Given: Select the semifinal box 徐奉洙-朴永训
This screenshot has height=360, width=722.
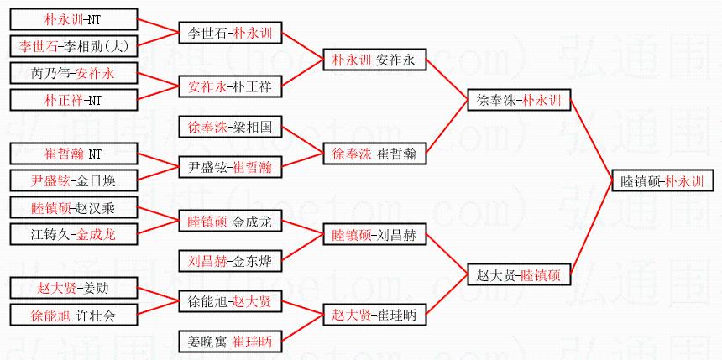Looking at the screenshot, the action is click(519, 100).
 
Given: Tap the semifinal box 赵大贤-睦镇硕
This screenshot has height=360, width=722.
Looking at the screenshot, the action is click(519, 274).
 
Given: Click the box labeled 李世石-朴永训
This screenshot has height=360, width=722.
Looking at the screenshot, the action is click(230, 33).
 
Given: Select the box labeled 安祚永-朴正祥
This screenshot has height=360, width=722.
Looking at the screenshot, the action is click(230, 86).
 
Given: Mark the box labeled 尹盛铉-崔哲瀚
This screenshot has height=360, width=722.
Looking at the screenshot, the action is click(230, 167).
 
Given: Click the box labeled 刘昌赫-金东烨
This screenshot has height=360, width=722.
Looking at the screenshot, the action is click(230, 261).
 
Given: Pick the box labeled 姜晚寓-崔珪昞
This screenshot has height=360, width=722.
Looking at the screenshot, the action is click(230, 342).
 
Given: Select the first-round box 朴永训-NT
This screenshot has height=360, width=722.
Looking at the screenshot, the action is click(72, 19).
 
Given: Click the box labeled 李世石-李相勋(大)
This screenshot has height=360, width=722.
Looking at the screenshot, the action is click(72, 46).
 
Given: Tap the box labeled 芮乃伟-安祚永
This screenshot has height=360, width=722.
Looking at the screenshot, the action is click(72, 73).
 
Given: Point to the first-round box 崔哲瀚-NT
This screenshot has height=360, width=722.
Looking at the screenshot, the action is click(72, 154).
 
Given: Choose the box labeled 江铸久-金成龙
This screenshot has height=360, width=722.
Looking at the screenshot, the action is click(72, 234).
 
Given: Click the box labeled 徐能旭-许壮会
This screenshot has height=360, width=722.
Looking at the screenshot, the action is click(72, 315).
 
